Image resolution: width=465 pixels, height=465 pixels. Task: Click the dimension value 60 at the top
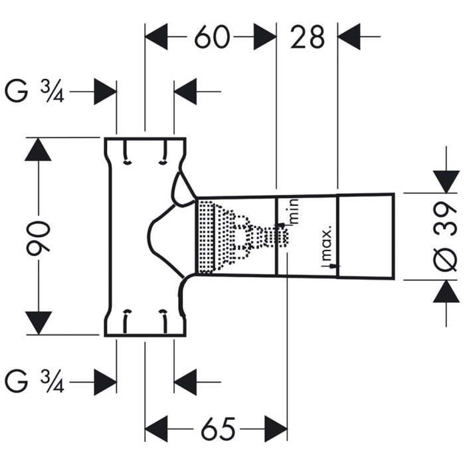point(211,37)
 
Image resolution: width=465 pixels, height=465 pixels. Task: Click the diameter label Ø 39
point(448,237)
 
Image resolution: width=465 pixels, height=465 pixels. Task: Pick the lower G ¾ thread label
point(34,382)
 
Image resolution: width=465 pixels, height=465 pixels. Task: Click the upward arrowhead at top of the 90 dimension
point(39,149)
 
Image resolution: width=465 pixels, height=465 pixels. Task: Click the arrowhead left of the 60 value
point(157,37)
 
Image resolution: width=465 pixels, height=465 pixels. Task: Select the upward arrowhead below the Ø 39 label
point(446,292)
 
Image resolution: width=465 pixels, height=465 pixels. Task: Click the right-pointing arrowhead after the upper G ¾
point(105,91)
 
